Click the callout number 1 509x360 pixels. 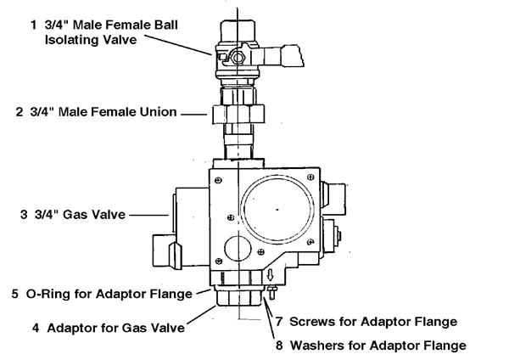(33, 25)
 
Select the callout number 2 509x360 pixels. (20, 112)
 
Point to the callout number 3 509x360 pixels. (24, 215)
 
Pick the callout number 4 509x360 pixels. (36, 328)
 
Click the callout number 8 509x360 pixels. (279, 346)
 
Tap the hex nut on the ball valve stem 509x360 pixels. (238, 58)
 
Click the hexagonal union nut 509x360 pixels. (238, 114)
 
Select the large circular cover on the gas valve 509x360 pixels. (277, 208)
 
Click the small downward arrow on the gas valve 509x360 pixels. (270, 276)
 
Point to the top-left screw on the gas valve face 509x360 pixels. (219, 180)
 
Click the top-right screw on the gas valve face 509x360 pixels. (310, 177)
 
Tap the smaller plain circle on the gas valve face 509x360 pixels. (238, 248)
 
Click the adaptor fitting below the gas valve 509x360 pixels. (238, 296)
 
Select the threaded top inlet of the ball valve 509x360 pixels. (238, 32)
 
